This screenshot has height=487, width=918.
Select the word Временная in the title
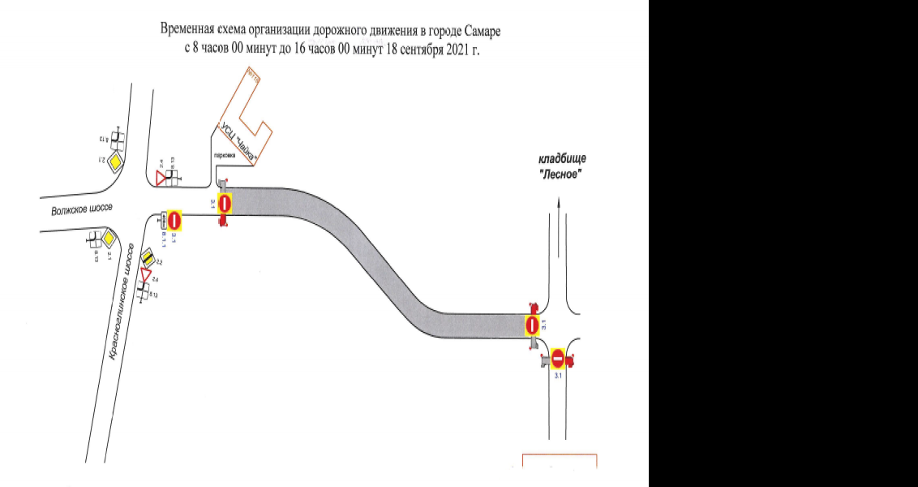(x=191, y=31)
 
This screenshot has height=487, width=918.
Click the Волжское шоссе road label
(x=83, y=209)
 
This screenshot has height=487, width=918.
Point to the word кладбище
(x=562, y=159)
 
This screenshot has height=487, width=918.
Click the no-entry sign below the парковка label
(x=225, y=203)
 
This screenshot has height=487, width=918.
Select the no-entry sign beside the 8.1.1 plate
(x=174, y=220)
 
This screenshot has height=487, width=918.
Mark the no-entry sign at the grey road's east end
(x=532, y=325)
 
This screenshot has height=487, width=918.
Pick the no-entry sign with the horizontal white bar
(x=558, y=358)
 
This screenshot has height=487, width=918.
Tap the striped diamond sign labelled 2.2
(x=148, y=257)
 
